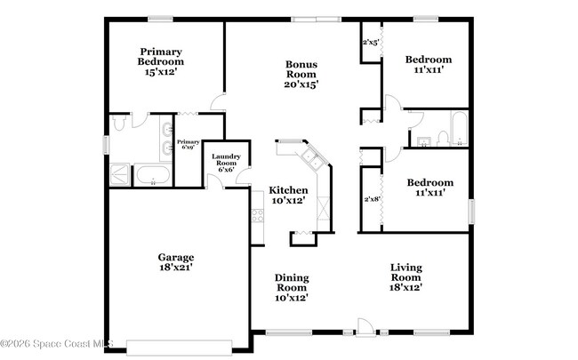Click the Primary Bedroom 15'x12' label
pyautogui.click(x=161, y=61)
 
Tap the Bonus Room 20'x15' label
pyautogui.click(x=301, y=74)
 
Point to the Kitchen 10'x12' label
pyautogui.click(x=289, y=195)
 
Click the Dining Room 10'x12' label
pyautogui.click(x=291, y=287)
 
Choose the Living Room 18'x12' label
pyautogui.click(x=405, y=276)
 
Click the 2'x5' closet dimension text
pyautogui.click(x=371, y=42)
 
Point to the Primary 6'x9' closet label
pyautogui.click(x=188, y=145)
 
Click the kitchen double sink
pyautogui.click(x=312, y=159)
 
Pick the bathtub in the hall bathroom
pyautogui.click(x=457, y=130)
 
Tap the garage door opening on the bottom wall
pyautogui.click(x=181, y=346)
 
